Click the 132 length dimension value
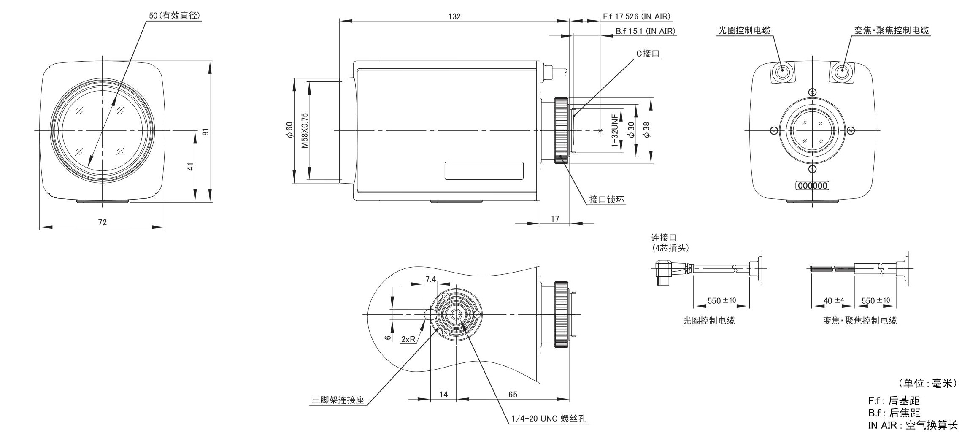454,16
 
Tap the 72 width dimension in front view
103,222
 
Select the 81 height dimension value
205,131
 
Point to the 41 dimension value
191,167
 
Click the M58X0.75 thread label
304,130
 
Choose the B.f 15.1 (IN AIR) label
645,31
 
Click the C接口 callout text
648,54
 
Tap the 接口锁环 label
606,200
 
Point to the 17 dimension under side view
555,219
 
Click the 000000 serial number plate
812,186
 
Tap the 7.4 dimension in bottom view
430,279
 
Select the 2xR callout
408,339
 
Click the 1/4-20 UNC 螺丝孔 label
548,419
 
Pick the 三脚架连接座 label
338,400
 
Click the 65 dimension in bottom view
513,395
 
